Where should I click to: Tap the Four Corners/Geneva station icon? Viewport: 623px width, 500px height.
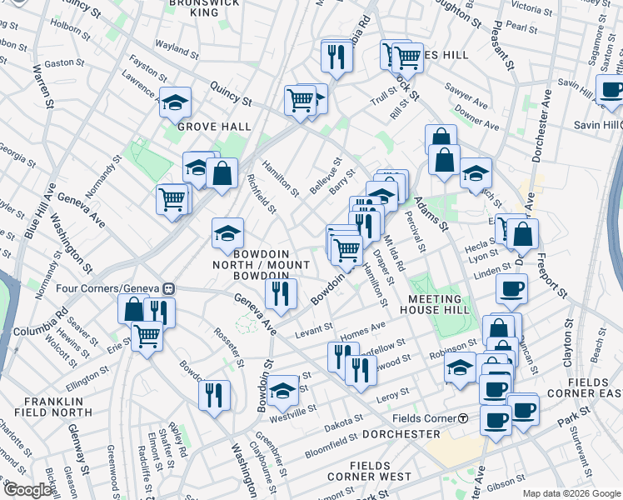168,288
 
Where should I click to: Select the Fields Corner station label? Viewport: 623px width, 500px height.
416,417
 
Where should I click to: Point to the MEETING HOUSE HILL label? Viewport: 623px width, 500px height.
435,306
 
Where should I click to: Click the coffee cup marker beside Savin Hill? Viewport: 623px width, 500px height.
611,90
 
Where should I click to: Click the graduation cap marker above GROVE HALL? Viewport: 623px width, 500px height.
176,102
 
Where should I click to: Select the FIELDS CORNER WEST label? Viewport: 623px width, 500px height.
369,470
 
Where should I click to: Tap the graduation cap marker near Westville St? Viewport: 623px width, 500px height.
282,388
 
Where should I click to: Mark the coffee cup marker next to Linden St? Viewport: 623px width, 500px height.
511,289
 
